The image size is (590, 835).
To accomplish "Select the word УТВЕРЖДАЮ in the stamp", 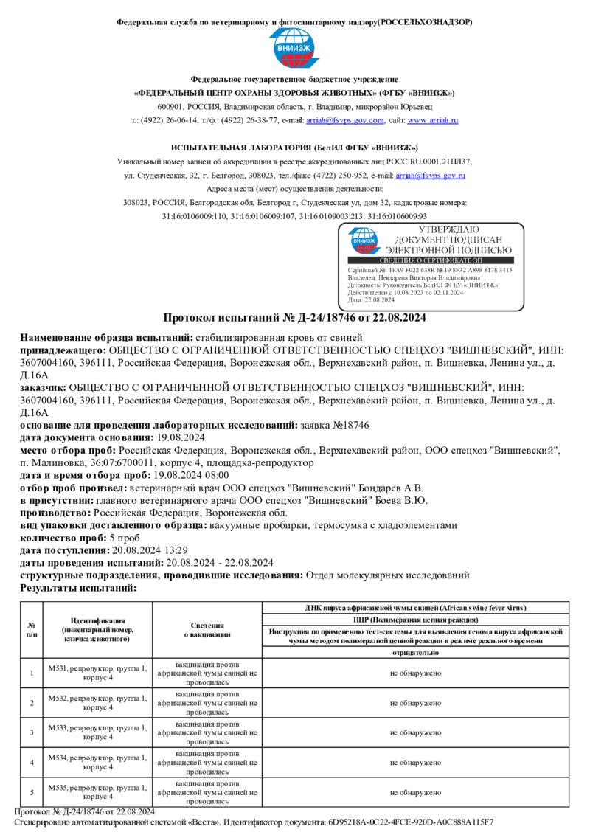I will point(448,230).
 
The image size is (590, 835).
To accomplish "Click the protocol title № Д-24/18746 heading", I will point(294,318).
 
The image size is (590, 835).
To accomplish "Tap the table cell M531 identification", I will point(97,673).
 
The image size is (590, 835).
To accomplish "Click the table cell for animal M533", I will point(97,732).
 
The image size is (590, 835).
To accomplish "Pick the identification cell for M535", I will point(97,792).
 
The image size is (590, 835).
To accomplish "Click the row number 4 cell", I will point(32,762).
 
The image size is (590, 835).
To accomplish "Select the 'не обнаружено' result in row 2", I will point(415,703).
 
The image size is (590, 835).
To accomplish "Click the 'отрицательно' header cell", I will point(415,653).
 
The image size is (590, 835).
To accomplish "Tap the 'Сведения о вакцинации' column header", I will point(207,629).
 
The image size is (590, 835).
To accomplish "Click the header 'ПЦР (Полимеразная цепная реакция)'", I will point(415,620).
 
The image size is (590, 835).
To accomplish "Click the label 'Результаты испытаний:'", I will point(78,588).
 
